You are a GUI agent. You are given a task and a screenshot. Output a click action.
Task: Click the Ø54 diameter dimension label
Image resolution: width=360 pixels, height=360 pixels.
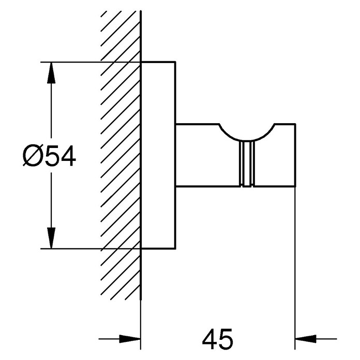point(49,156)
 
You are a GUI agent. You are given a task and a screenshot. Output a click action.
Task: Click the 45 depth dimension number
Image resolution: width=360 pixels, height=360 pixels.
point(217,339)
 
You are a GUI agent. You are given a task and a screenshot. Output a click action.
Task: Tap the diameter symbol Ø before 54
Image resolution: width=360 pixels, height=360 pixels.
point(33,156)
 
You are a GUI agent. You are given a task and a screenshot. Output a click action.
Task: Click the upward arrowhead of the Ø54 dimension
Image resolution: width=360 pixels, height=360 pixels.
point(51,72)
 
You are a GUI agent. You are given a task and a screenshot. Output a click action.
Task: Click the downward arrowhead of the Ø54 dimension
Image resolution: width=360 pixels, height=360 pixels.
point(51,238)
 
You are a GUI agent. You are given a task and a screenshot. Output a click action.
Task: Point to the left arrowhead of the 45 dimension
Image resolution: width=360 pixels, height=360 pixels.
point(130,339)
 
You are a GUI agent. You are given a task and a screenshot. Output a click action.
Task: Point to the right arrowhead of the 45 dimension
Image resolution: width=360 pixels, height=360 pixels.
point(306,339)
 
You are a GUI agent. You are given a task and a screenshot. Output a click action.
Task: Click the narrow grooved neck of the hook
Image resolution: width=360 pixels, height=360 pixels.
point(247,163)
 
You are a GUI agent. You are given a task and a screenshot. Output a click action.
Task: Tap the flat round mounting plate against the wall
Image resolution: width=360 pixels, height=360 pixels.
point(158,156)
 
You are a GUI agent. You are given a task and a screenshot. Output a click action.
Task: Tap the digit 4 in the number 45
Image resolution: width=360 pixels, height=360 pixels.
point(209,339)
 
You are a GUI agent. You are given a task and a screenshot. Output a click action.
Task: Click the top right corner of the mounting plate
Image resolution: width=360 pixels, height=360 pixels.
point(176,62)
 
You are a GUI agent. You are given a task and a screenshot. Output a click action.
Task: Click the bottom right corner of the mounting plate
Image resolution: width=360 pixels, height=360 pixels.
point(176,249)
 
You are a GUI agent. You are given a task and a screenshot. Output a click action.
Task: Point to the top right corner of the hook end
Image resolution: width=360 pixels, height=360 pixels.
point(295,124)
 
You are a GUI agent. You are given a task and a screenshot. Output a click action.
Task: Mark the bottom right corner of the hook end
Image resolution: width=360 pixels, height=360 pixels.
point(295,186)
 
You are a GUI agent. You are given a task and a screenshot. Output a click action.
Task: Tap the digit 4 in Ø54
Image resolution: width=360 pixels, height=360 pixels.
point(68,156)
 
